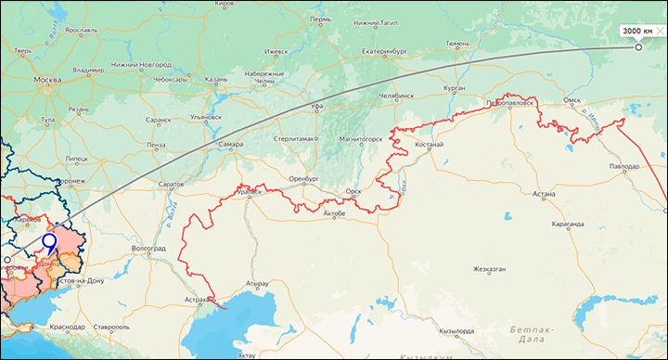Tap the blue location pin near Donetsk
(49, 241)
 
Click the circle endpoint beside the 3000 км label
(638, 46)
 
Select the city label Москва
(46, 81)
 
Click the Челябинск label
(403, 96)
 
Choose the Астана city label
(544, 194)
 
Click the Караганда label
(565, 224)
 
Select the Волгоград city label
(148, 249)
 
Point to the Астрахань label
(200, 301)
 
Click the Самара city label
(231, 144)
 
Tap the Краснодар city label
(68, 327)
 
